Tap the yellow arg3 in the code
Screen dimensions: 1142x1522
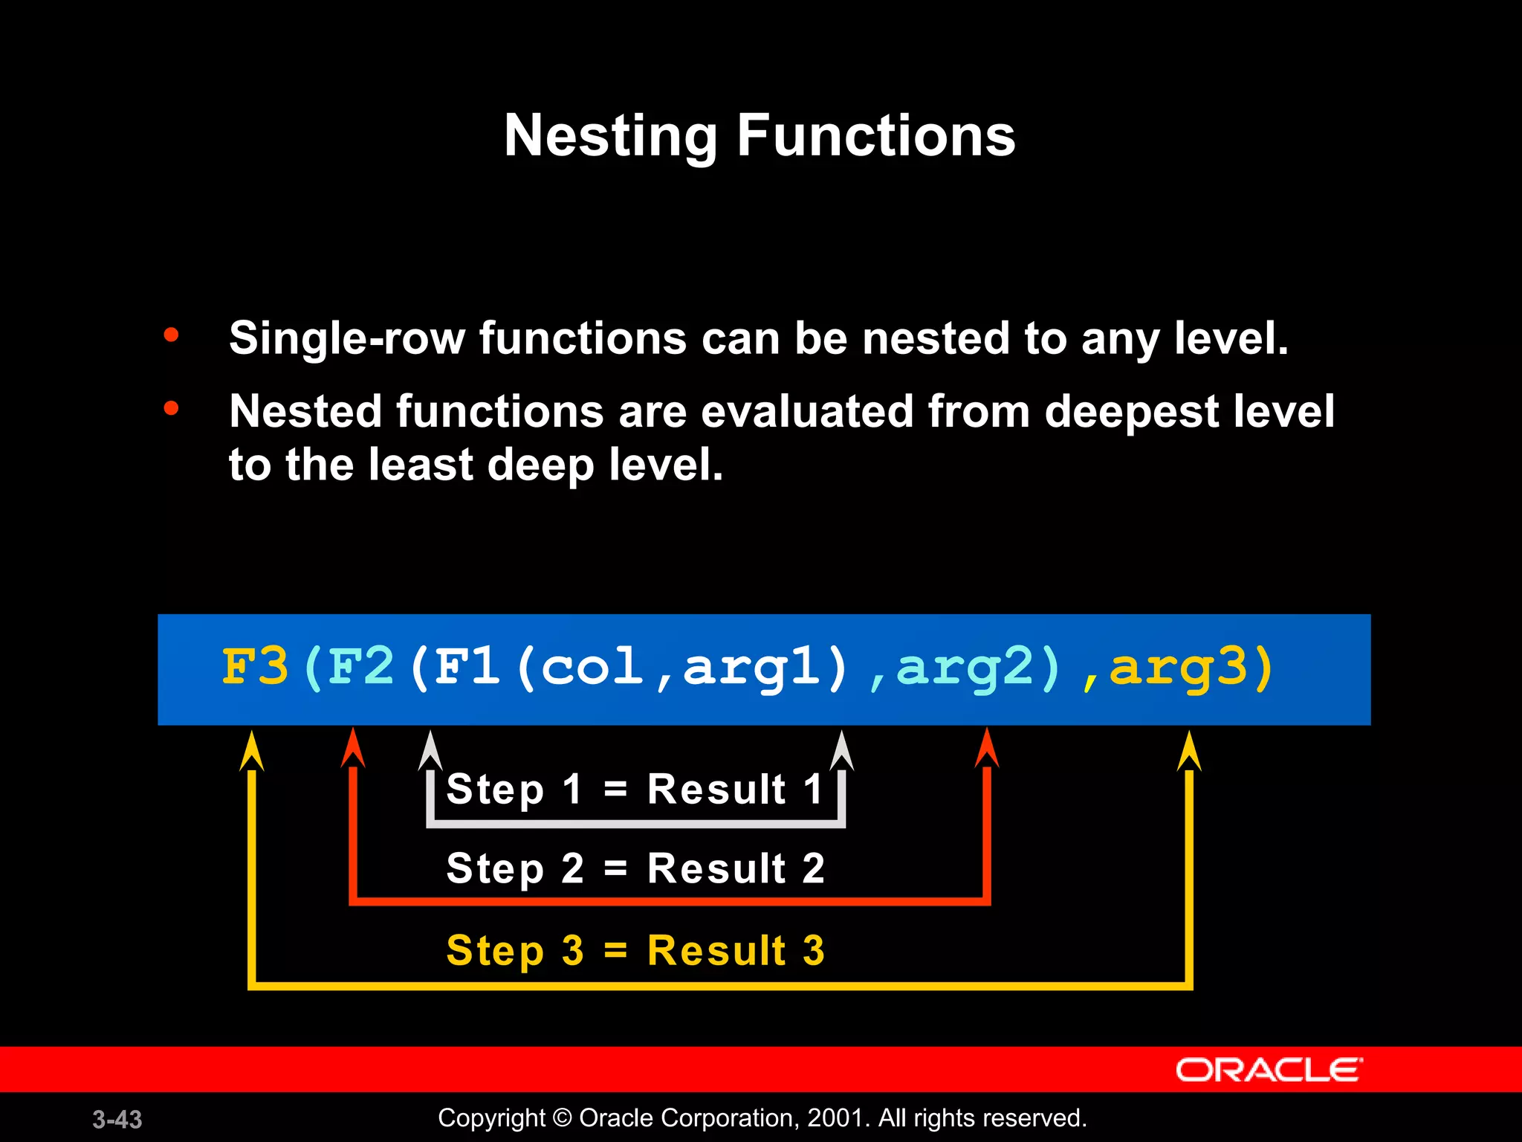pyautogui.click(x=1179, y=668)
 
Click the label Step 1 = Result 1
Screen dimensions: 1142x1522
pyautogui.click(x=635, y=789)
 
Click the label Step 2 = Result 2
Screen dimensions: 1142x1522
pyautogui.click(x=635, y=868)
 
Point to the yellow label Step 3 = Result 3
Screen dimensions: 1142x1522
pyautogui.click(x=635, y=950)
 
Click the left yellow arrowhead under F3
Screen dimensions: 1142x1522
pyautogui.click(x=252, y=751)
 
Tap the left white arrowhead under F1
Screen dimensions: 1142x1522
pyautogui.click(x=430, y=751)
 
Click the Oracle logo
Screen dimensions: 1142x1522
pyautogui.click(x=1269, y=1070)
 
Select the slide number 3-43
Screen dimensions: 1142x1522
pyautogui.click(x=117, y=1119)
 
